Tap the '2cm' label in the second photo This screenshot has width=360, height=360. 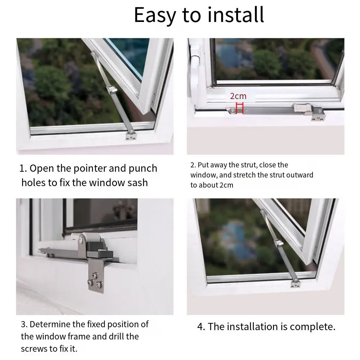[238, 96]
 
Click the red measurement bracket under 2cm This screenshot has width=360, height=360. [240, 108]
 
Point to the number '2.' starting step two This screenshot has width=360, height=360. [193, 165]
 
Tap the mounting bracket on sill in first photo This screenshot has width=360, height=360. [131, 136]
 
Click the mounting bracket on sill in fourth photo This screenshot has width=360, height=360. [296, 284]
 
